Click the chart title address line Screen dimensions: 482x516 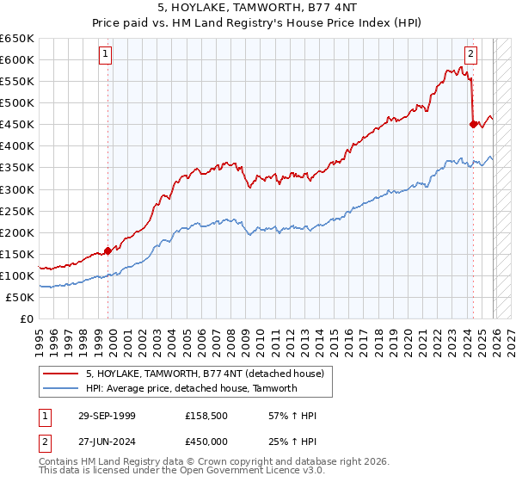[x=258, y=9]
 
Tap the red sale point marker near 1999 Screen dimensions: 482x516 [x=108, y=250]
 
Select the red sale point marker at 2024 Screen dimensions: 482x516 [x=473, y=124]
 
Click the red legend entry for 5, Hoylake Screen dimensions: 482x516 [x=205, y=374]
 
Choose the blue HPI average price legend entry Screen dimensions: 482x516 [x=191, y=388]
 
